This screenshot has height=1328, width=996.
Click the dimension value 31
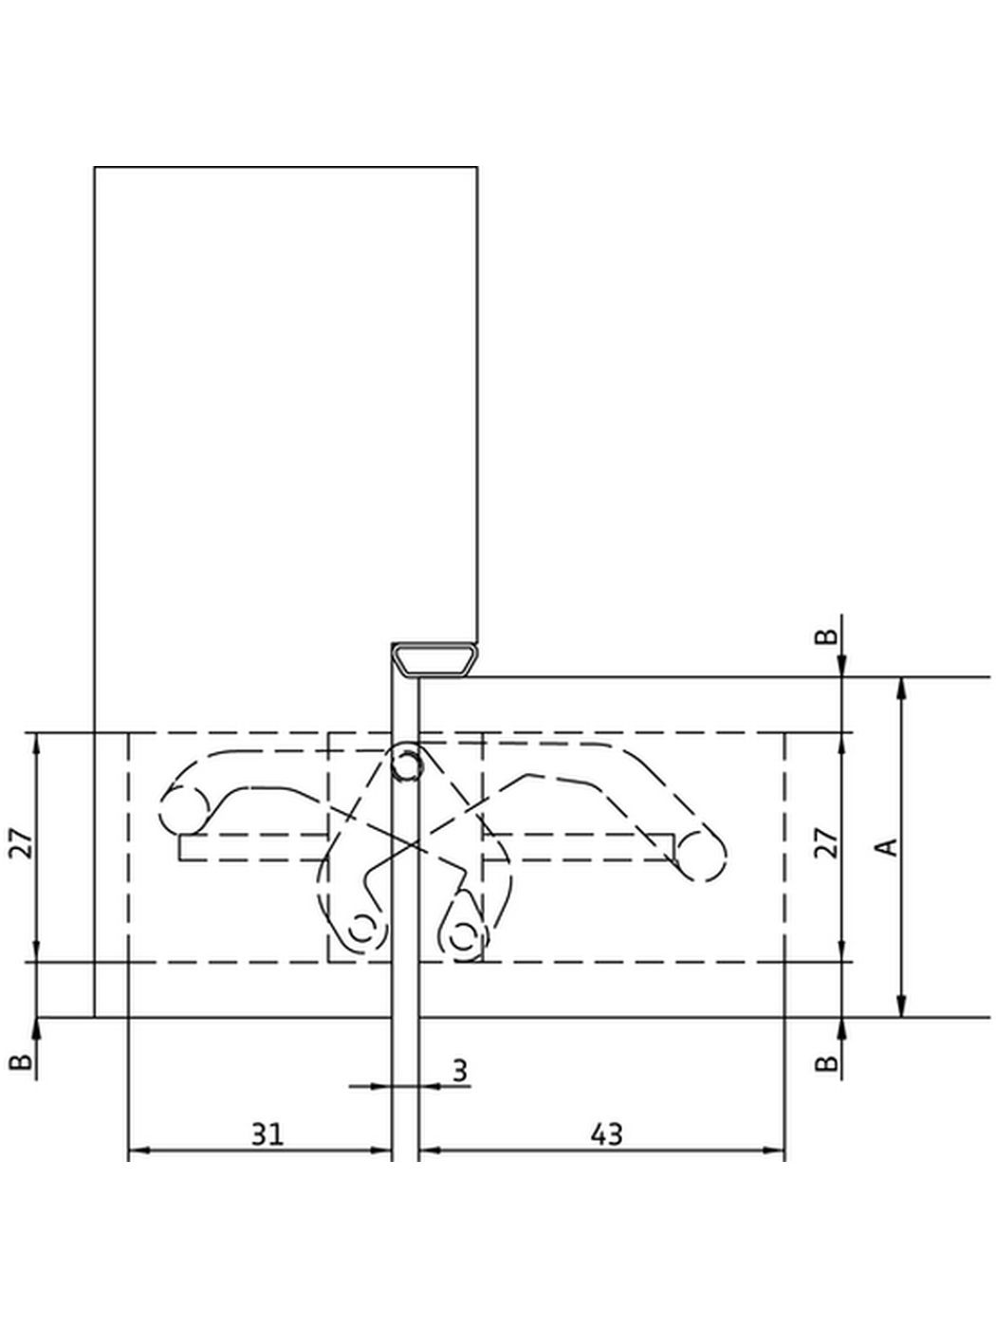(267, 1133)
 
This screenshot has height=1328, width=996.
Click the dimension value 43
(606, 1133)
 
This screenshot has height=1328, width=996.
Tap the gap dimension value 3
(459, 1071)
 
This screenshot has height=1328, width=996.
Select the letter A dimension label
(886, 846)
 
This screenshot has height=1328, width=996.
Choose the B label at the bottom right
(827, 1063)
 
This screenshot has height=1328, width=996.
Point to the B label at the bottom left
(21, 1061)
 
